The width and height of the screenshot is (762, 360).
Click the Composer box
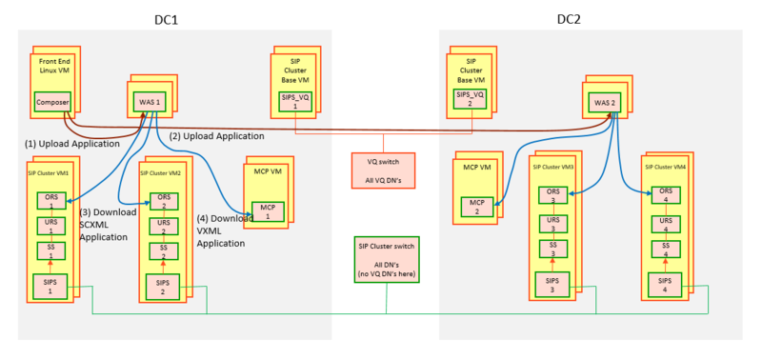click(52, 102)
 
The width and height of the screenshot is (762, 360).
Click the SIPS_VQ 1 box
click(295, 101)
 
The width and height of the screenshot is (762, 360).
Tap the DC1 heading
click(169, 17)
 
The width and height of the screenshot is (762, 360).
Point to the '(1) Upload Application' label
click(71, 143)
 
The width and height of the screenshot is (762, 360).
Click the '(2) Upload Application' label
click(216, 136)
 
